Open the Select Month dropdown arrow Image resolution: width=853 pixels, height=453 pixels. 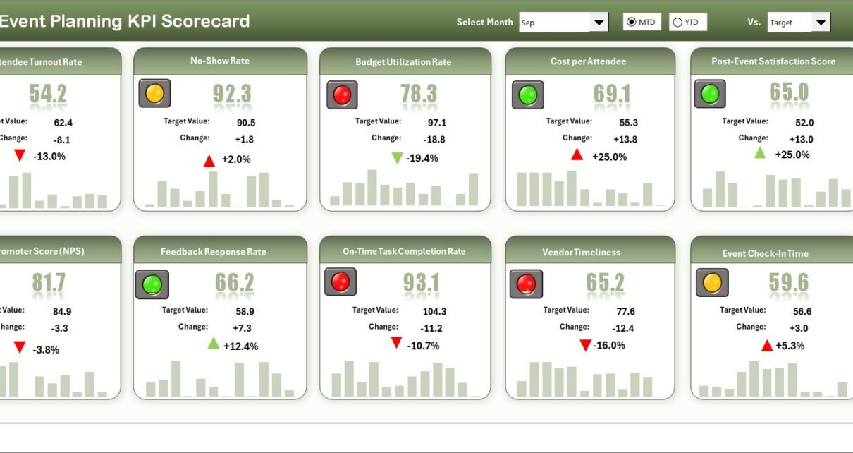click(x=599, y=23)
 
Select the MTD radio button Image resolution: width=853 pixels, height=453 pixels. click(x=631, y=23)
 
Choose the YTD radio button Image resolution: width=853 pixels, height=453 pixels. click(x=677, y=23)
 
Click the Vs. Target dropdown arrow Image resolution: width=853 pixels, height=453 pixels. click(x=821, y=23)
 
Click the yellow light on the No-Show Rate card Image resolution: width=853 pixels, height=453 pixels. click(x=154, y=93)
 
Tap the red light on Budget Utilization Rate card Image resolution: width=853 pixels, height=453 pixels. click(x=342, y=95)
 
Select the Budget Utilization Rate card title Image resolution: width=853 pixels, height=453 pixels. click(x=403, y=62)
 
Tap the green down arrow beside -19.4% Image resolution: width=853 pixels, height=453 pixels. click(x=397, y=158)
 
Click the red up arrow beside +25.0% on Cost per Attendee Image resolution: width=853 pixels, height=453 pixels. click(x=577, y=155)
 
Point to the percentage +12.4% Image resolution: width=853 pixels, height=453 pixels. click(x=241, y=346)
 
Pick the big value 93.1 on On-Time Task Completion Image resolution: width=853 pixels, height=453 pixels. click(x=422, y=283)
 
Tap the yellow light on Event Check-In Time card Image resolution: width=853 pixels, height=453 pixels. click(x=712, y=283)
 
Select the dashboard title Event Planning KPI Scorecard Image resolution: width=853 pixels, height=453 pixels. click(x=125, y=21)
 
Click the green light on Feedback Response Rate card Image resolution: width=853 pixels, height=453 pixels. click(x=152, y=284)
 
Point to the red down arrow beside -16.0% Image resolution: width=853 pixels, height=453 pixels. click(x=584, y=345)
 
